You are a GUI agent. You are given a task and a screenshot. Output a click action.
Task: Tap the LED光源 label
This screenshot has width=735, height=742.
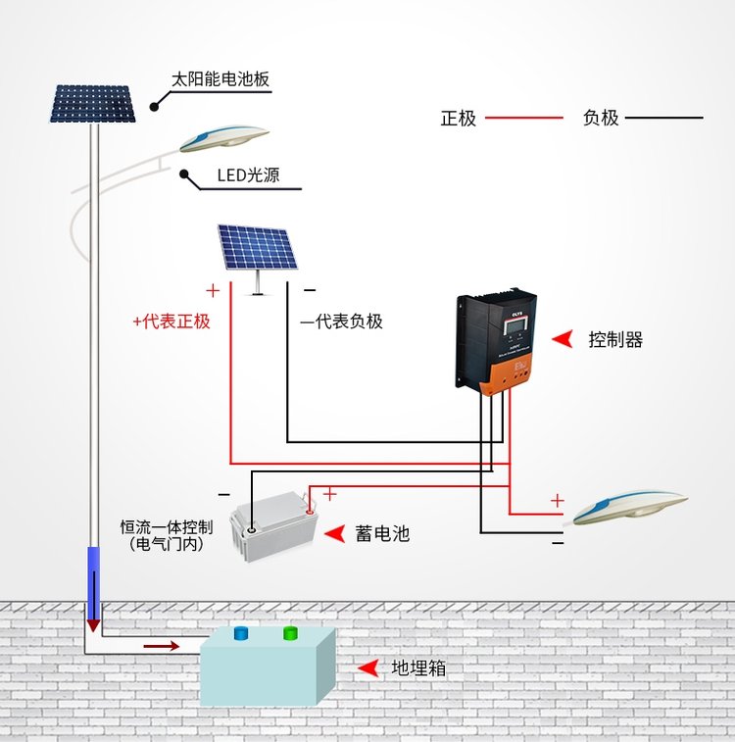(248, 176)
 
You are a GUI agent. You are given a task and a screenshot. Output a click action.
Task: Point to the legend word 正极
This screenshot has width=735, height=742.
(458, 119)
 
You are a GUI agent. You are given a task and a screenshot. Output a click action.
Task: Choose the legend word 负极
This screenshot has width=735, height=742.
(601, 119)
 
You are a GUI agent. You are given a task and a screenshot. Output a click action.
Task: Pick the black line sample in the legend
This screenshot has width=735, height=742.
(663, 119)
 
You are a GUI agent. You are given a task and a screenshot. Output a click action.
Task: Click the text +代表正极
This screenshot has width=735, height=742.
(171, 322)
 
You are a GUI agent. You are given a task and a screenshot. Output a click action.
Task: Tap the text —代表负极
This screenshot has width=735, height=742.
(341, 322)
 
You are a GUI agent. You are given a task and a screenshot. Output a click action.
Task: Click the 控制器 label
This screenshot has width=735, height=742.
(615, 340)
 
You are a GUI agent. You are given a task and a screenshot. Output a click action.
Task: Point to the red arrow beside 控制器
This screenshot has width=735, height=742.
(562, 339)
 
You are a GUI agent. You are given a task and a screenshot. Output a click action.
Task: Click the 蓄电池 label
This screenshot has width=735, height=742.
(382, 533)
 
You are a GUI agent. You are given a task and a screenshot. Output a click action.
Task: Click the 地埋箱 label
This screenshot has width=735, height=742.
(419, 668)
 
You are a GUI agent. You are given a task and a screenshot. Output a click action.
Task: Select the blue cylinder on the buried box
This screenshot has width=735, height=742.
(240, 634)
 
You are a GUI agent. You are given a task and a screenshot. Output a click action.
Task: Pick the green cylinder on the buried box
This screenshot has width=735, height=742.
(290, 633)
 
